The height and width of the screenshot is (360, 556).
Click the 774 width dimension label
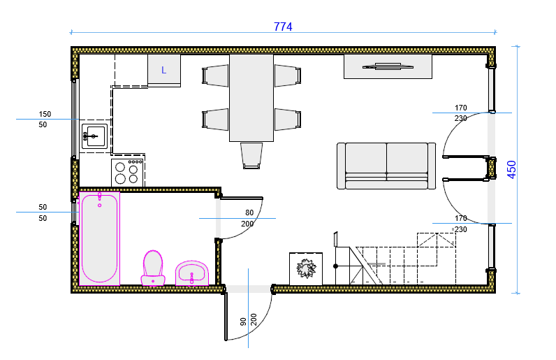tap(283, 27)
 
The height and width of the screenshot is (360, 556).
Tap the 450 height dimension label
tap(512, 170)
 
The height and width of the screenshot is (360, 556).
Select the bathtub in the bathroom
tap(99, 238)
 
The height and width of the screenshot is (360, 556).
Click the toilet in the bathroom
tap(153, 268)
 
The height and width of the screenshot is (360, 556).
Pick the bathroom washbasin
tap(192, 273)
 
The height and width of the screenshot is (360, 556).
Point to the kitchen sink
tap(95, 136)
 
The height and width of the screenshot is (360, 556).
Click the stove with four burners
tap(127, 173)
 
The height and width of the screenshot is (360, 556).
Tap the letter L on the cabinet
tap(164, 71)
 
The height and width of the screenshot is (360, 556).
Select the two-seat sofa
tap(386, 166)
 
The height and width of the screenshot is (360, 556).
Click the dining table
tap(251, 98)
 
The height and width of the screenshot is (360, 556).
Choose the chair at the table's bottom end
tap(251, 155)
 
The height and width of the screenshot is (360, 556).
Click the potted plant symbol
tap(306, 268)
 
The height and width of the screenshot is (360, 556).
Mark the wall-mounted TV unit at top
tap(388, 66)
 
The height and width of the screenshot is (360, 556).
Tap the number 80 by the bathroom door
tap(249, 213)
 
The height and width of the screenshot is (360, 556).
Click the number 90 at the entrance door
tap(243, 322)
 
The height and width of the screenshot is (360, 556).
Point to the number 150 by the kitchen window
tap(45, 114)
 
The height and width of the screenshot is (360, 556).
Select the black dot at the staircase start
tap(335, 266)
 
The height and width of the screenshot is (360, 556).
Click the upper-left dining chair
tap(215, 75)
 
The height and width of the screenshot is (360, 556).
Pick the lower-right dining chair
tap(288, 120)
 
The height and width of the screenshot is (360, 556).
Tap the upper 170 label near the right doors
tap(460, 108)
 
